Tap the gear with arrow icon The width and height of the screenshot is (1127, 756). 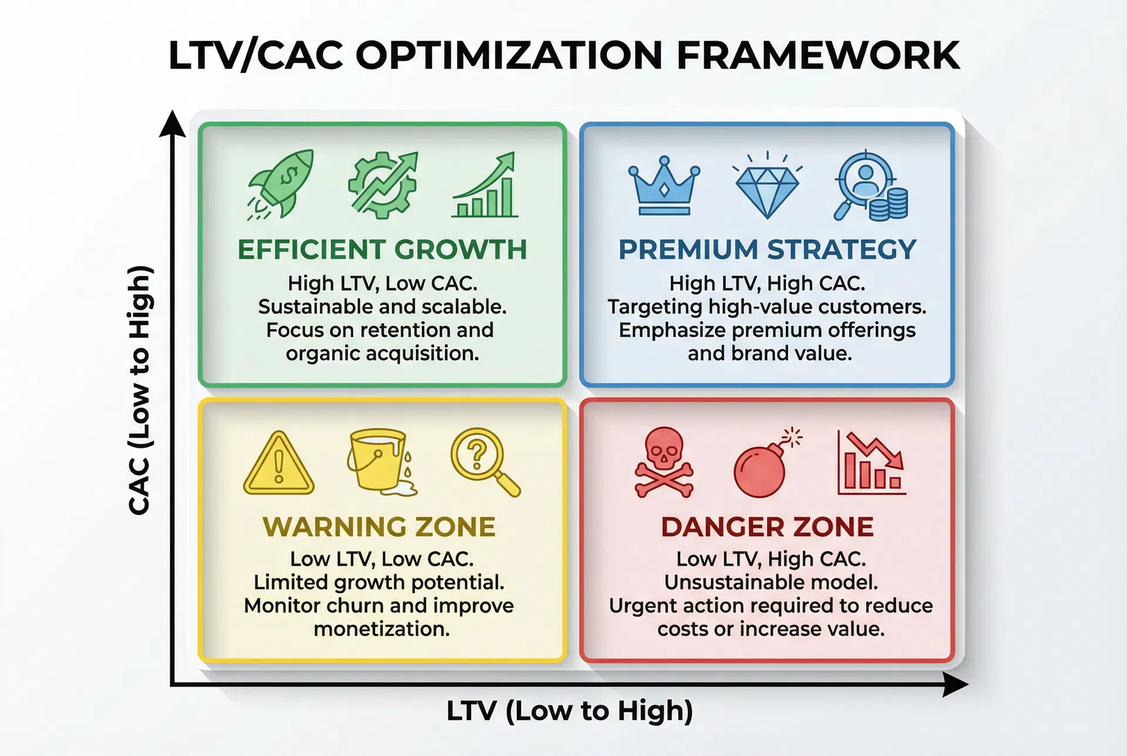coord(383,184)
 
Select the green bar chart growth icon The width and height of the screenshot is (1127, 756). coord(485,185)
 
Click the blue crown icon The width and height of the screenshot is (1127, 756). coord(664,185)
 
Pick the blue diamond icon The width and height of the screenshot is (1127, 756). coord(767,185)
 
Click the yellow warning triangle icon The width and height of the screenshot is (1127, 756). coord(279,463)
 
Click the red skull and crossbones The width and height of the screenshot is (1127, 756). coord(664,463)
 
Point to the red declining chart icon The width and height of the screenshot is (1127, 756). coord(871,463)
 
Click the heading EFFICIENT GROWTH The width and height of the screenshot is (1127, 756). coord(382,249)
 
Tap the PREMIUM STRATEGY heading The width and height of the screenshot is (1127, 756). coord(767,249)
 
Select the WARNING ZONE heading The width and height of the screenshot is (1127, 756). coord(379,526)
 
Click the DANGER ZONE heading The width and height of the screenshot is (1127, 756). coord(767,526)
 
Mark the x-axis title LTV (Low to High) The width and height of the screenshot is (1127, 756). coord(569,711)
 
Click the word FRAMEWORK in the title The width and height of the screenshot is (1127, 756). coord(818,55)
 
